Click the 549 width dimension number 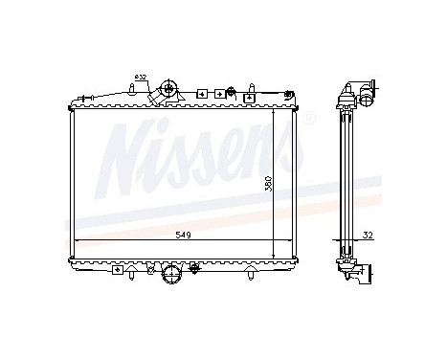pyautogui.click(x=181, y=234)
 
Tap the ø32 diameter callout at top pyautogui.click(x=141, y=77)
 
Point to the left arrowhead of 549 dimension pyautogui.click(x=78, y=239)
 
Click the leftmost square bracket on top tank pyautogui.click(x=202, y=94)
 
